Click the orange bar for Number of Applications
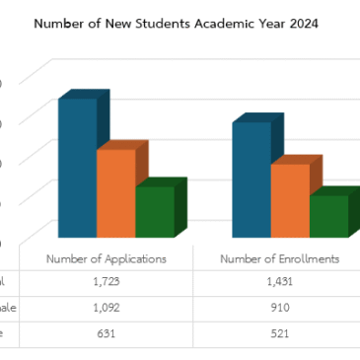coord(114,192)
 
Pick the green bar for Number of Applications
coord(154,211)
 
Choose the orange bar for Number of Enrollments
coord(290,199)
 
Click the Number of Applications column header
coord(107,258)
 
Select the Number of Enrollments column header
coord(280,258)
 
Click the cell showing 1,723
coord(107,282)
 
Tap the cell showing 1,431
coord(280,282)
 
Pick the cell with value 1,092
coord(107,308)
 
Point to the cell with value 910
coord(280,308)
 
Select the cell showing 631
coord(107,333)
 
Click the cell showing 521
coord(280,333)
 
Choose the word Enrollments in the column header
coord(305,258)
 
